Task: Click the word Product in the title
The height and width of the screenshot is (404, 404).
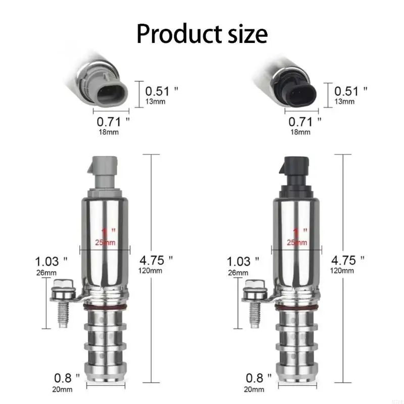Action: tap(179, 34)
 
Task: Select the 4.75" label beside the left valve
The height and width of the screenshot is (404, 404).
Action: tap(156, 260)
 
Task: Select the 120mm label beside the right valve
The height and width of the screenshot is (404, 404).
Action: tap(342, 271)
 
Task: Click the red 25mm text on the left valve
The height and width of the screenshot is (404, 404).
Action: tap(105, 242)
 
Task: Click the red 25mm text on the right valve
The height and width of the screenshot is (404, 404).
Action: tap(297, 242)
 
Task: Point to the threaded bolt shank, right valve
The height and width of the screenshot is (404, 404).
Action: tap(256, 315)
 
